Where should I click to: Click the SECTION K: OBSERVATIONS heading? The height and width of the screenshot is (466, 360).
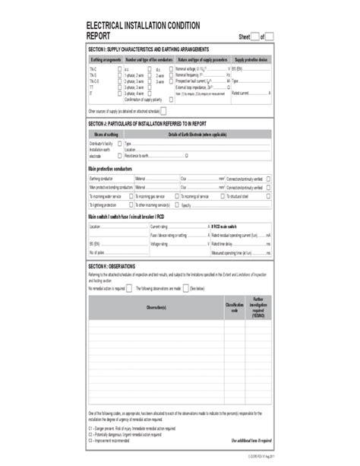click(x=112, y=266)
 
